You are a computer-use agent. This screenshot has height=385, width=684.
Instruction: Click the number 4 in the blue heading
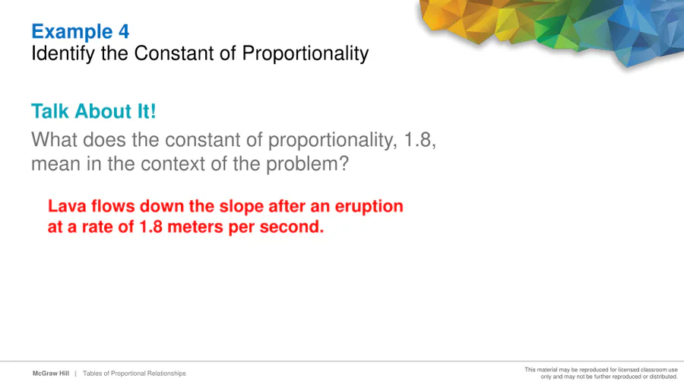pyautogui.click(x=124, y=31)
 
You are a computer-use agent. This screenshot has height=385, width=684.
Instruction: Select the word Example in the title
pyautogui.click(x=72, y=32)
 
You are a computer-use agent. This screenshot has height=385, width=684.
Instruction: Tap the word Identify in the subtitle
pyautogui.click(x=63, y=54)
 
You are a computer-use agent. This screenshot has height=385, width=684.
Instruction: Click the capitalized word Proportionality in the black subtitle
pyautogui.click(x=306, y=54)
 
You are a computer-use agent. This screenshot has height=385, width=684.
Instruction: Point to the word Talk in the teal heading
pyautogui.click(x=50, y=111)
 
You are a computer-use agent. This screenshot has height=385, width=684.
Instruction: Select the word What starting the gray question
pyautogui.click(x=54, y=140)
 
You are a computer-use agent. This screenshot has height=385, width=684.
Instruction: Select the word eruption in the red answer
pyautogui.click(x=369, y=206)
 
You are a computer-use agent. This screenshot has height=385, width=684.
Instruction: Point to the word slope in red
pyautogui.click(x=241, y=206)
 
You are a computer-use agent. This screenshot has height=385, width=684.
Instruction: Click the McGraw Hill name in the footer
pyautogui.click(x=51, y=374)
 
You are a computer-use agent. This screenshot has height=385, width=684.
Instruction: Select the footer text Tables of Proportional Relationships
pyautogui.click(x=135, y=374)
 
